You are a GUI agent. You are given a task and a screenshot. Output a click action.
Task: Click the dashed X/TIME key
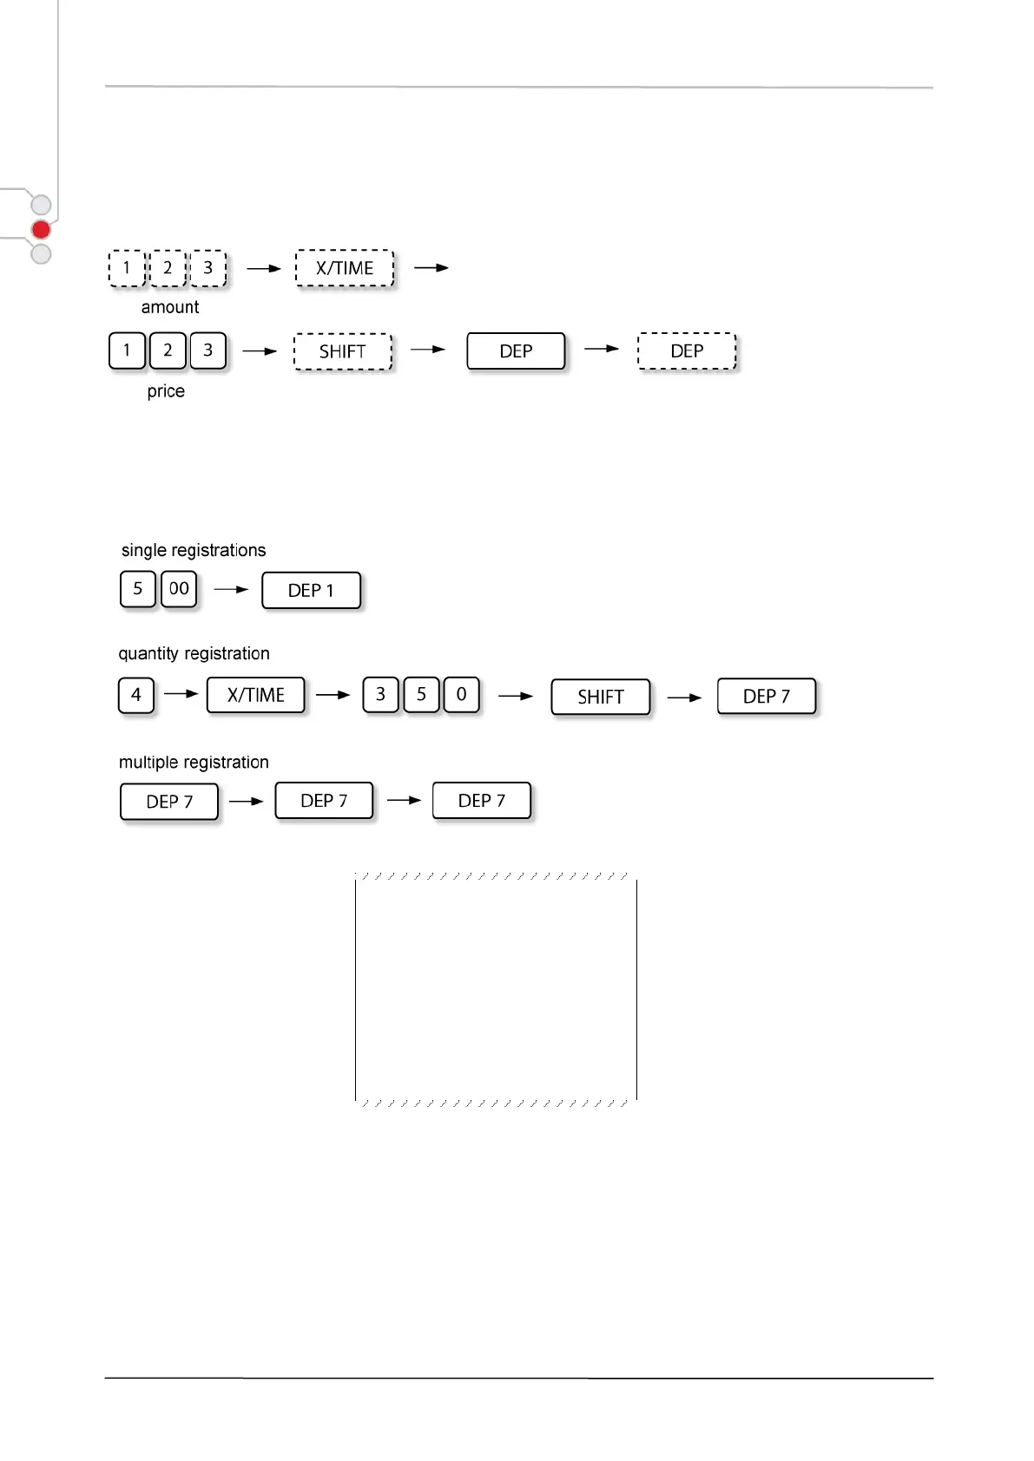coord(345,268)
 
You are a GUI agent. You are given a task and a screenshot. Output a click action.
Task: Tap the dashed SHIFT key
coord(343,351)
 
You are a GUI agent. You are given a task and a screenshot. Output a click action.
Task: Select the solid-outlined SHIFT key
coord(600,697)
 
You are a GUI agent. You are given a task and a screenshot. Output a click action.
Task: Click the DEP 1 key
coord(311,591)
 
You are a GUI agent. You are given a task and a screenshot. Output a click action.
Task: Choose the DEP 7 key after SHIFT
coord(767,697)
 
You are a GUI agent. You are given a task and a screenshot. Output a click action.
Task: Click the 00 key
coord(179,589)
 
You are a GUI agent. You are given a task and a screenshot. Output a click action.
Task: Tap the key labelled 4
coord(136,695)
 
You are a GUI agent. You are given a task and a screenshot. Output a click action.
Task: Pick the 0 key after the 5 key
coord(461,695)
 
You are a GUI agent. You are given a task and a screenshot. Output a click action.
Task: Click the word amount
coord(170,307)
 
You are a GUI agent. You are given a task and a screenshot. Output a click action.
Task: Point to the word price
coord(166,391)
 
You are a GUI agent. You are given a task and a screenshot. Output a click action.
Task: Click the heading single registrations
coord(194,550)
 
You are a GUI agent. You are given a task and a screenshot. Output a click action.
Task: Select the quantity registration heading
coord(194,653)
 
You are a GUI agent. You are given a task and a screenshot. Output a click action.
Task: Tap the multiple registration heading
coord(194,763)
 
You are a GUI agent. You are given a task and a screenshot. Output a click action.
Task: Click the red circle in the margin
coord(41,230)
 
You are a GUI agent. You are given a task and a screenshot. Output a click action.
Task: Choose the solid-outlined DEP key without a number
coord(516,351)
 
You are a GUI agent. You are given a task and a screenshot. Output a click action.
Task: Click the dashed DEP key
coord(687,351)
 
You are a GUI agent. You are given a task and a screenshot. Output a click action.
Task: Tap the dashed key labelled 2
coord(168,268)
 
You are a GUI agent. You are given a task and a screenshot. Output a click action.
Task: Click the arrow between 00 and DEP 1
coord(231,589)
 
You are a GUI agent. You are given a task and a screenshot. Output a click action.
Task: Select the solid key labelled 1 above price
coord(127,351)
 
